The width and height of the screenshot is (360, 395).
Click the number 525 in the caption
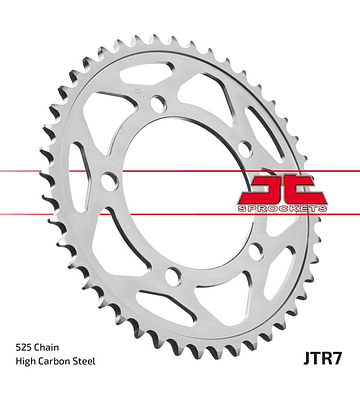tap(22, 347)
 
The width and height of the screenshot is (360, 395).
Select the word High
tap(26, 362)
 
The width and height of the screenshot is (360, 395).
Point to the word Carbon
tap(57, 361)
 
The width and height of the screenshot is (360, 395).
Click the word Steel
tap(86, 361)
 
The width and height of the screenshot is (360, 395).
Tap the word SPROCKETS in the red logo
tap(283, 209)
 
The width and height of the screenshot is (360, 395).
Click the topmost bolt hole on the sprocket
tap(158, 104)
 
